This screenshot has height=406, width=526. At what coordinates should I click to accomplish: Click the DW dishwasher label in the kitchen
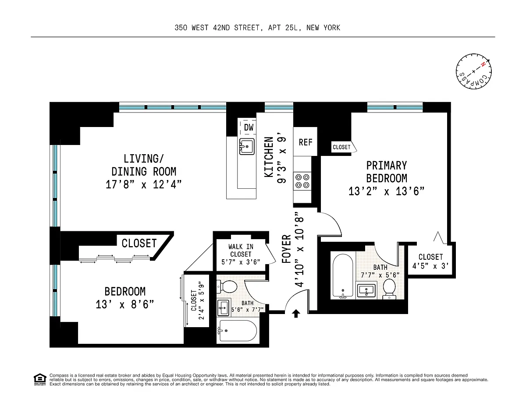[249, 127]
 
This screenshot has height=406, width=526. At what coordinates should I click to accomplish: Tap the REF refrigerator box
[305, 142]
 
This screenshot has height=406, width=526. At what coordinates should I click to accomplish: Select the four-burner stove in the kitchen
[302, 181]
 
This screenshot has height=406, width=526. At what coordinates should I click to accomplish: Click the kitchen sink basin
[247, 147]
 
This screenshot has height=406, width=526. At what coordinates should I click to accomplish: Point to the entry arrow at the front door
[296, 314]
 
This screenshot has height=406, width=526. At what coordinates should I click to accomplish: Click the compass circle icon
[473, 71]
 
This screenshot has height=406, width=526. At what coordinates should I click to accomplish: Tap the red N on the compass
[483, 64]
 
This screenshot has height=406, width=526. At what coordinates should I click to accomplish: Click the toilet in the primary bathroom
[389, 289]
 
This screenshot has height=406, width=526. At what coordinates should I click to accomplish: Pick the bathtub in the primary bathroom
[343, 275]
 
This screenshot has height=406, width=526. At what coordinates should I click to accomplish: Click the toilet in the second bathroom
[227, 286]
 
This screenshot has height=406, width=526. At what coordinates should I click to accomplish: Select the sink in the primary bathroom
[366, 290]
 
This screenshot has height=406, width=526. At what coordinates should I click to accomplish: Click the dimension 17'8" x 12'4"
[143, 185]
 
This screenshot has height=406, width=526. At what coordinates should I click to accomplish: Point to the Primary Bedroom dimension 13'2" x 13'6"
[387, 191]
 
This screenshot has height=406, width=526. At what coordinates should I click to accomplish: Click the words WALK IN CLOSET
[241, 251]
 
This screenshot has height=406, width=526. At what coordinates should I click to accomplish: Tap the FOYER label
[286, 249]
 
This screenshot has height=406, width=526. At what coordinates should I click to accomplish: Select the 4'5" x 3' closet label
[430, 266]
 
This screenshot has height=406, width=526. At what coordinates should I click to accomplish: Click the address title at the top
[257, 28]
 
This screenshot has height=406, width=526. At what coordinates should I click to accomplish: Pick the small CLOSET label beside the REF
[341, 147]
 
